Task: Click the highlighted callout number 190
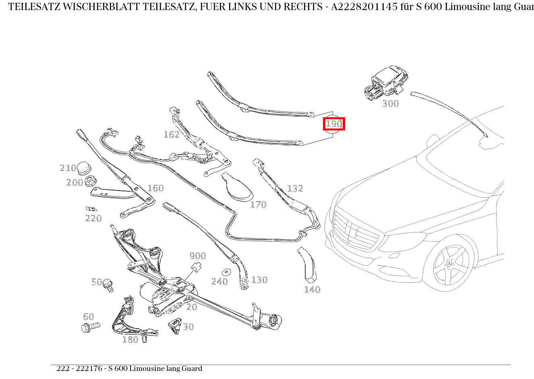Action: pos(334,124)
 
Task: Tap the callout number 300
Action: pos(390,104)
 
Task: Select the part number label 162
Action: pos(172,135)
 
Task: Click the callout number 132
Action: pos(295,188)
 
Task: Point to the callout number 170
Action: pos(258,205)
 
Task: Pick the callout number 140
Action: pos(312,290)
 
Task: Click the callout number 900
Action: pos(198,256)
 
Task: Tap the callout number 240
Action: pos(219,282)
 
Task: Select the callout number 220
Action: pos(93,218)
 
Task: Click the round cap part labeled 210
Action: pos(84,168)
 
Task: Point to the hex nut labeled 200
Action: pos(90,182)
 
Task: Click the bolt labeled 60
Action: pos(91,327)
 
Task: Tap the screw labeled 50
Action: pos(108,285)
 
